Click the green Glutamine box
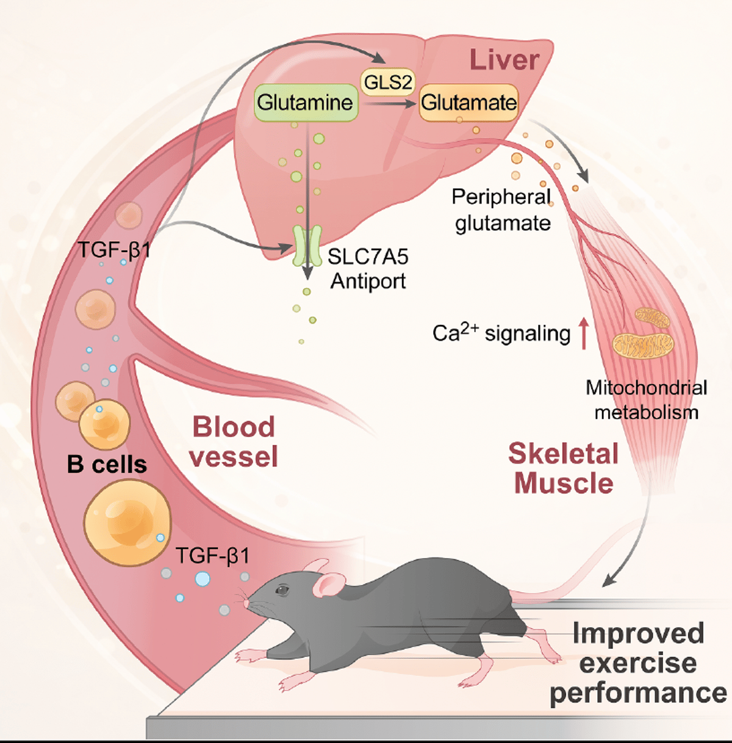[x=305, y=103]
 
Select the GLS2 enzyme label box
[x=387, y=81]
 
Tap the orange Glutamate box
[x=468, y=103]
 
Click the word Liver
[x=504, y=60]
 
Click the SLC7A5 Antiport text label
[x=368, y=269]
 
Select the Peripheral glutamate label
[x=501, y=210]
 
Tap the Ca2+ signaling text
[x=501, y=333]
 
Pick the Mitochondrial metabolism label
[x=647, y=400]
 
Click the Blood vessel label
[x=234, y=441]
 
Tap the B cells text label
[x=107, y=465]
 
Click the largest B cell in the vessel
[x=127, y=523]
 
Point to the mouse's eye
[x=282, y=590]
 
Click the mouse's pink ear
[x=328, y=585]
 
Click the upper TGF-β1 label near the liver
[x=115, y=249]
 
